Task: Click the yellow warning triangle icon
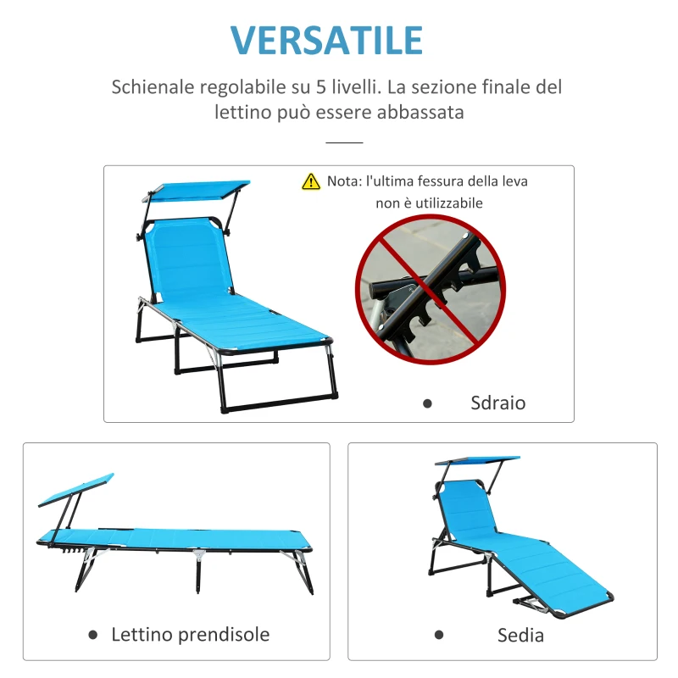311,181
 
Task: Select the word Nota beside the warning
343,181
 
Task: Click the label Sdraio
498,403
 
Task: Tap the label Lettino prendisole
191,634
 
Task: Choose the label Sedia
520,635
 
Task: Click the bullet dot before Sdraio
427,403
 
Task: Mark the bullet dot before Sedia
439,635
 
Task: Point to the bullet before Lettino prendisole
91,634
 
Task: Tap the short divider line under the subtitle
344,143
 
